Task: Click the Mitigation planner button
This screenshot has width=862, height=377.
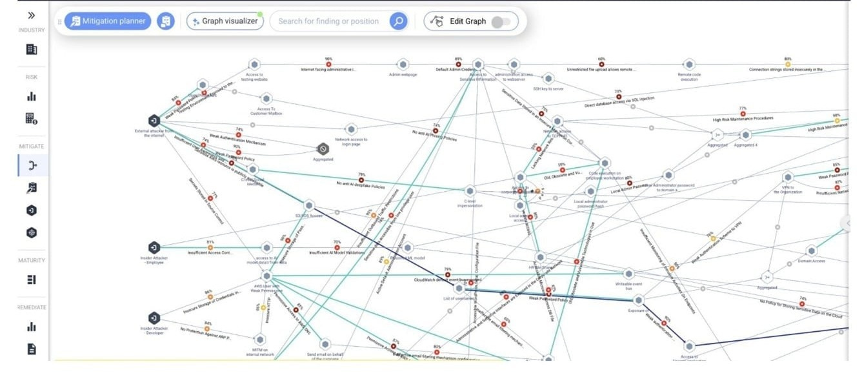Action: point(108,21)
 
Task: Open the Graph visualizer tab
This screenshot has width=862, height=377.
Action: point(225,21)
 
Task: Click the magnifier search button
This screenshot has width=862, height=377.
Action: point(398,21)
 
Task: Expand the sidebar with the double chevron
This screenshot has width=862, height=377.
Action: point(31,15)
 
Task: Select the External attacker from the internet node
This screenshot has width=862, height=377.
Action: point(154,121)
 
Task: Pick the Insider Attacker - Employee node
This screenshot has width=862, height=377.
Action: point(154,247)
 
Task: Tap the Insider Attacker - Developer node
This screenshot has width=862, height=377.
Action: point(154,318)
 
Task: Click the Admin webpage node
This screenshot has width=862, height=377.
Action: point(403,65)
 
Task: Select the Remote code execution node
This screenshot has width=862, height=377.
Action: point(689,65)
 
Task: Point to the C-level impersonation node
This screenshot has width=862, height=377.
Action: point(470,191)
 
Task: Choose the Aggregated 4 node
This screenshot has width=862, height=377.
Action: point(746,135)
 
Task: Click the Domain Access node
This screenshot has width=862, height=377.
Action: point(812,250)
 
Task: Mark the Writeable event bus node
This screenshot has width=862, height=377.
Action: point(629,274)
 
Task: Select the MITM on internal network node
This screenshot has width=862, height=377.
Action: point(259,340)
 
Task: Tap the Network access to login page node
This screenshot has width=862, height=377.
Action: point(351,129)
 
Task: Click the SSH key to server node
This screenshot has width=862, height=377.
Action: point(548,78)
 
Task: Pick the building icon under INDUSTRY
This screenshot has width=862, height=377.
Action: point(31,49)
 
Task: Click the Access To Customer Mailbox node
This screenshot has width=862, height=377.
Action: point(266,99)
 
